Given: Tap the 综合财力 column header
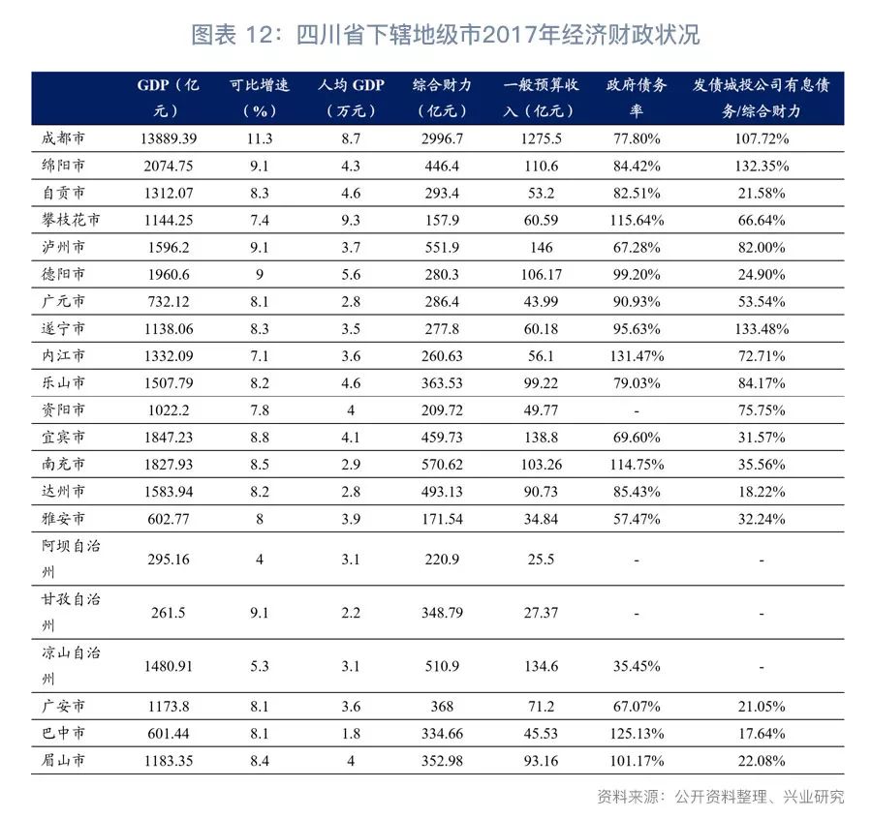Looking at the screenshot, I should point(442,97).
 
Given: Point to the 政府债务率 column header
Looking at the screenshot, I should point(637,97).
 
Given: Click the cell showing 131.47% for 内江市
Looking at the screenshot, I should point(637,356).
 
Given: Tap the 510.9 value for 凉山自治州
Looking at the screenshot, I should point(442,666).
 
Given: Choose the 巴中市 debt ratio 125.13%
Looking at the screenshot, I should point(637,734).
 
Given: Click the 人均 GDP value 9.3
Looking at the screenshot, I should point(351,220).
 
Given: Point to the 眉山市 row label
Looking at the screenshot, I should point(65,761).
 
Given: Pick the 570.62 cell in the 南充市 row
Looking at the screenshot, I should point(442,465).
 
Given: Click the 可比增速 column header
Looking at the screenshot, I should point(260,97).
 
